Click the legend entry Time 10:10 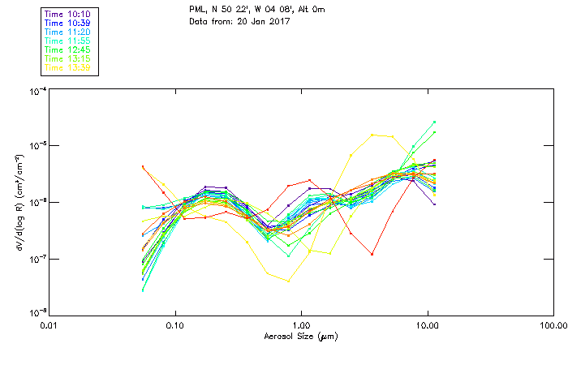68,14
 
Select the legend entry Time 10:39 68,23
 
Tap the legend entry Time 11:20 68,32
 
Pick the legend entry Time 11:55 68,41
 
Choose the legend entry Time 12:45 68,49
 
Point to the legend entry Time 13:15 68,58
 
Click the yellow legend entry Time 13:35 68,67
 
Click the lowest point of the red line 372,255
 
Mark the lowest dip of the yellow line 288,281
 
